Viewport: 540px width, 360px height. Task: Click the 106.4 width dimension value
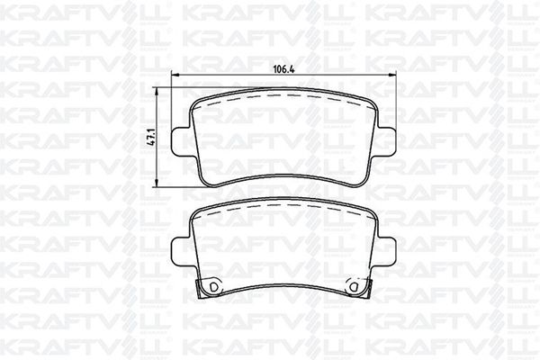pyautogui.click(x=284, y=69)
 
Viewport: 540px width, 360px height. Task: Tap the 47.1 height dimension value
pyautogui.click(x=151, y=137)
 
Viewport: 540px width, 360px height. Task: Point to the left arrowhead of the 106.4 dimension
pyautogui.click(x=175, y=75)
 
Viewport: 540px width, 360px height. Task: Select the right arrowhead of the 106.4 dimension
pyautogui.click(x=391, y=75)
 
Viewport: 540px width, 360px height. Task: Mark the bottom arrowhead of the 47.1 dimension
pyautogui.click(x=157, y=183)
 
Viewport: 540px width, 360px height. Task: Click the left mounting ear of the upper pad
pyautogui.click(x=181, y=141)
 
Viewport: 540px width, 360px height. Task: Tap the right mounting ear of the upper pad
pyautogui.click(x=386, y=141)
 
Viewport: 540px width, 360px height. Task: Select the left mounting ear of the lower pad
pyautogui.click(x=181, y=252)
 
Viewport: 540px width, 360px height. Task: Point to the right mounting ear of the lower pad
pyautogui.click(x=386, y=252)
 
